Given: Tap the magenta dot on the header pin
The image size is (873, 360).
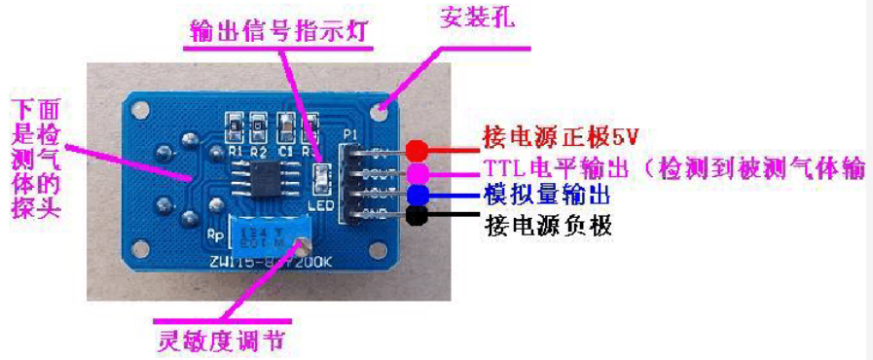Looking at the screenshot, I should tap(418, 171).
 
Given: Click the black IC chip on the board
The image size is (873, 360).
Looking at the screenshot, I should tap(264, 179).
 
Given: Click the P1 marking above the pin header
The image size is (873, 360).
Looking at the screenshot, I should tap(351, 135).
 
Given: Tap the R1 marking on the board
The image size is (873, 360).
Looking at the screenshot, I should tap(235, 151).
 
